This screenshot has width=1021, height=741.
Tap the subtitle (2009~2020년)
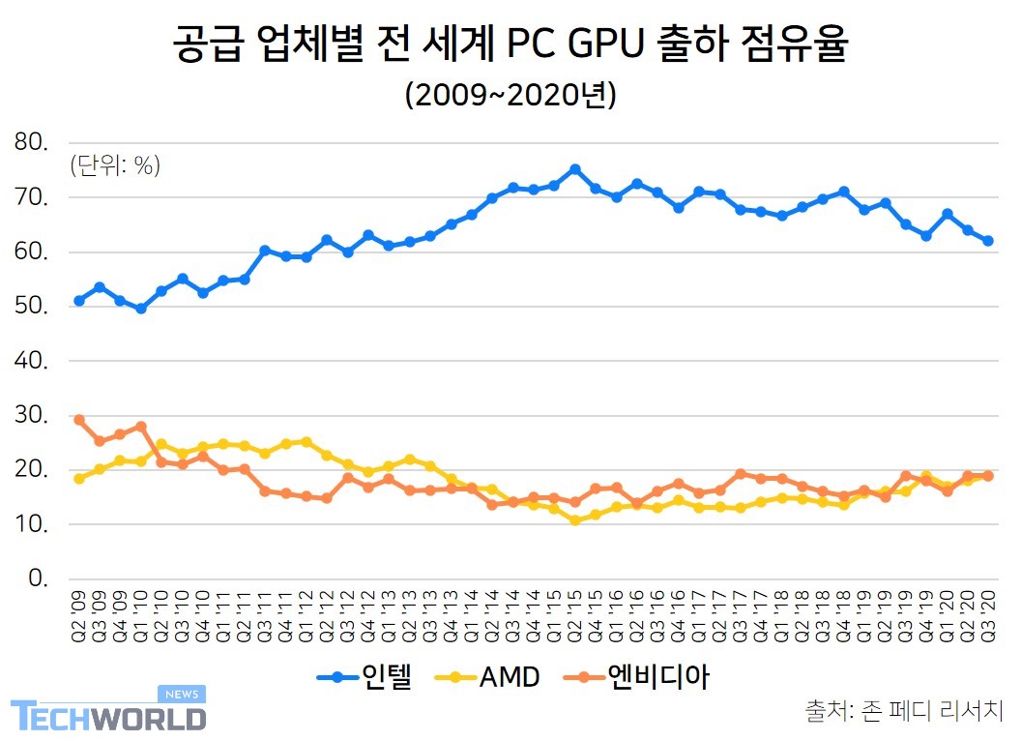pyautogui.click(x=510, y=96)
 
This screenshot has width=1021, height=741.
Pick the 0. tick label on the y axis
pyautogui.click(x=39, y=578)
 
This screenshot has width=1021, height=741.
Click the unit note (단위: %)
pyautogui.click(x=114, y=166)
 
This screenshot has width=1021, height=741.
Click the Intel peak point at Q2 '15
pyautogui.click(x=575, y=169)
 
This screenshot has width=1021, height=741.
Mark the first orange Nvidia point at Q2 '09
pyautogui.click(x=79, y=420)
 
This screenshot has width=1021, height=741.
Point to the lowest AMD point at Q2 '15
pyautogui.click(x=575, y=520)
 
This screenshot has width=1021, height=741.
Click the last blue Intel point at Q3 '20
pyautogui.click(x=988, y=241)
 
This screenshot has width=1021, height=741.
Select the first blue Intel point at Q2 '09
pyautogui.click(x=79, y=301)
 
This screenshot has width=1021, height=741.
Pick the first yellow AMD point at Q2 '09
pyautogui.click(x=79, y=479)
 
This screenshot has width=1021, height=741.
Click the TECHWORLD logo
pyautogui.click(x=108, y=714)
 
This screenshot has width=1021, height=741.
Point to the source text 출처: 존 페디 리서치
pyautogui.click(x=904, y=711)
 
